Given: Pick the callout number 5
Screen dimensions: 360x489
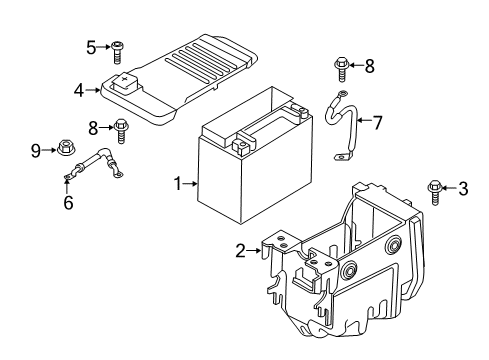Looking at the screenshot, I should point(91,46).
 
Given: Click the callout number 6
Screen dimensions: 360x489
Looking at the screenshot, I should point(68,203).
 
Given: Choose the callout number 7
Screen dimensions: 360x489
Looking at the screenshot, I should point(376,123).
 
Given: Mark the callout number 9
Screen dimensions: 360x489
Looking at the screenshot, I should point(36,151).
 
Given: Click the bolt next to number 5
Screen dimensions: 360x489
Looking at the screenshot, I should point(117,47).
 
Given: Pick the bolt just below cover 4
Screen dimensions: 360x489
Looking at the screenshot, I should point(122,129).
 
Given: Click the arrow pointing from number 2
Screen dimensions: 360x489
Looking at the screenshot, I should point(257,252).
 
